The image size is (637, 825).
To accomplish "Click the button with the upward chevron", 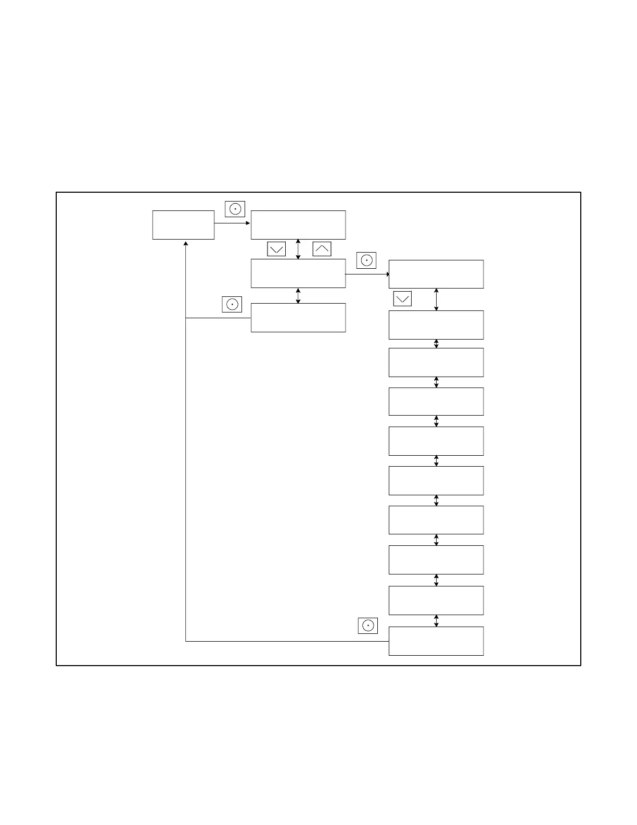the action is (x=322, y=249).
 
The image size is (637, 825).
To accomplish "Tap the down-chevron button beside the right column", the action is (x=402, y=298).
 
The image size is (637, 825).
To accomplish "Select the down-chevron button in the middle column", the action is (x=276, y=249).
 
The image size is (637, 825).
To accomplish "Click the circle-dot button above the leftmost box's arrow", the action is (x=235, y=209).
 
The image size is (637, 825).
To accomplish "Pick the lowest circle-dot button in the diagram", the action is (x=367, y=626).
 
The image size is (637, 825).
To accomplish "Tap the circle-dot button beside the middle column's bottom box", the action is (x=232, y=304).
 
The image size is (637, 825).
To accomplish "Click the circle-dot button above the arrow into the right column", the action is (x=366, y=260).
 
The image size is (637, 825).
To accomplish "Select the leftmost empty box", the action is (x=183, y=225).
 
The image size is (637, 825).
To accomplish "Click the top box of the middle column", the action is (x=298, y=225).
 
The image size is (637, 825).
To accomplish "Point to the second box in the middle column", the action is (x=298, y=273).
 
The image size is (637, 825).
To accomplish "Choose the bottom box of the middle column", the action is (x=298, y=318).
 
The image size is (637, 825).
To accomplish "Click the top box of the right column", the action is (x=436, y=274).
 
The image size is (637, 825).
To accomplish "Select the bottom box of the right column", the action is (x=436, y=641).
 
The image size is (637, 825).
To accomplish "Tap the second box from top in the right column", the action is (x=436, y=325).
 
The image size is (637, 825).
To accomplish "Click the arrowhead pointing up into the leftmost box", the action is (x=186, y=243).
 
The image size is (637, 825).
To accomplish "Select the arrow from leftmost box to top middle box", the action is (x=232, y=223).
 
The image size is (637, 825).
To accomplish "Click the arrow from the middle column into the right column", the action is (x=367, y=274).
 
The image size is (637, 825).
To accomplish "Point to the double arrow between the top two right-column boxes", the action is (x=436, y=299).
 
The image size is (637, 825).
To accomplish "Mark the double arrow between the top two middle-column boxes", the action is (x=298, y=249).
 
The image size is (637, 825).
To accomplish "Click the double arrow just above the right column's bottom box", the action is (x=436, y=621).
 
